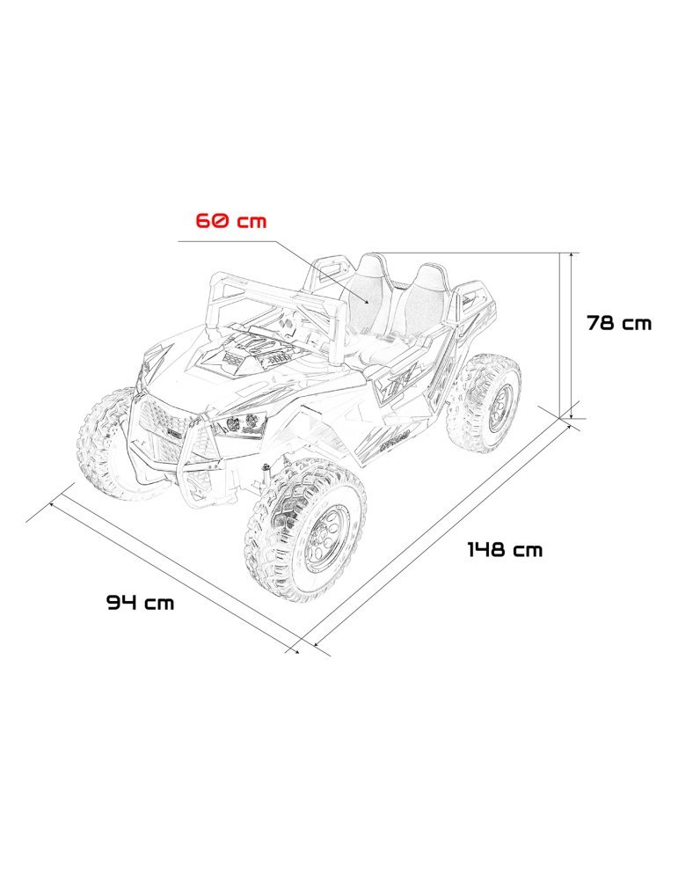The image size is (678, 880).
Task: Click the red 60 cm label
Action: point(230,220)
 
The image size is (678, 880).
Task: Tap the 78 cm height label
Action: point(619,323)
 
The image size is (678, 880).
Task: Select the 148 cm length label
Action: point(504,550)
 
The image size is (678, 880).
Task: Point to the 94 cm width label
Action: point(141,603)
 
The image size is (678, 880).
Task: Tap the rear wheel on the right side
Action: point(486,402)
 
